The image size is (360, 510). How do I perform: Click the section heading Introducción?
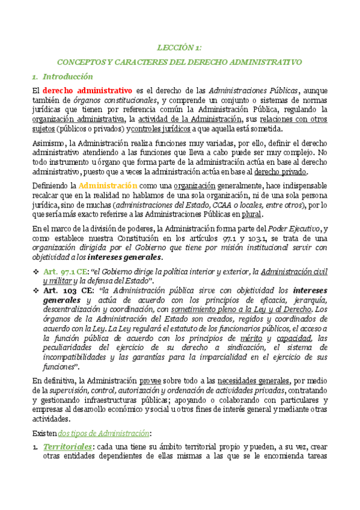coord(68,76)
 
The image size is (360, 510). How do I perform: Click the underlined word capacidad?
coord(294,339)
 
